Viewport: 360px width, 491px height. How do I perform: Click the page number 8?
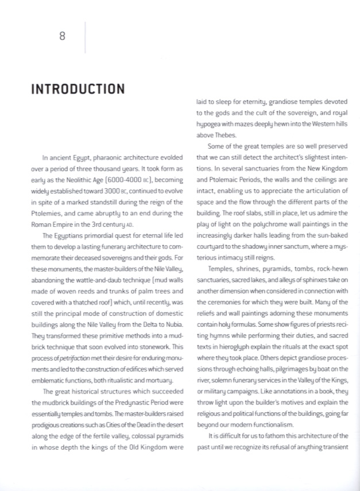(x=63, y=36)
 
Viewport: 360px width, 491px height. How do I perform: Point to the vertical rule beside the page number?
(x=85, y=37)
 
